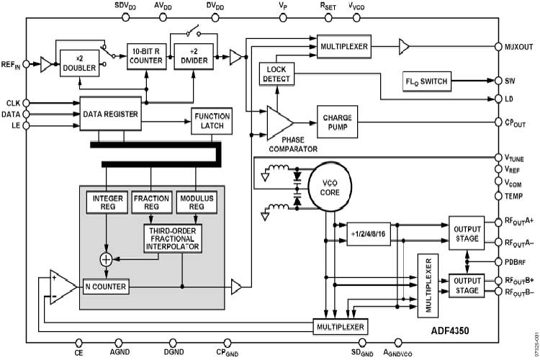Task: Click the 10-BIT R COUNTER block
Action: click(147, 55)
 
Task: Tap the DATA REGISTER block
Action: click(109, 114)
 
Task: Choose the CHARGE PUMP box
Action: click(337, 119)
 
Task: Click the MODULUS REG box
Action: click(197, 202)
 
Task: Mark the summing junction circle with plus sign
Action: click(106, 258)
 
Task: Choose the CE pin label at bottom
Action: click(78, 353)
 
